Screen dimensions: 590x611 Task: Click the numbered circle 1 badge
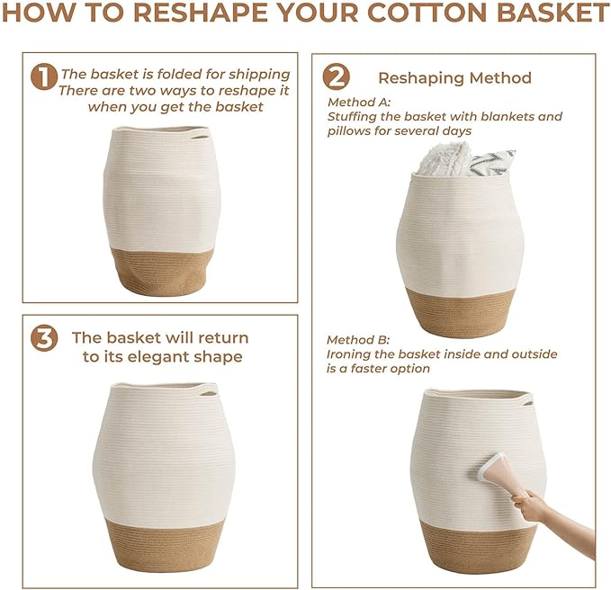[43, 77]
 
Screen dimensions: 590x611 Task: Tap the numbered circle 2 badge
[336, 77]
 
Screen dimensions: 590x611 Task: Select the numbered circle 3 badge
[43, 338]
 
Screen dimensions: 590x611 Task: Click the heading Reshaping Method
[454, 78]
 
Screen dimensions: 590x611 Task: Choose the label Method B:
[358, 340]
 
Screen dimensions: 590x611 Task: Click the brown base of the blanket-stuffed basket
[460, 311]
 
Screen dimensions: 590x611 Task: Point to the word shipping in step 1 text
[256, 74]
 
